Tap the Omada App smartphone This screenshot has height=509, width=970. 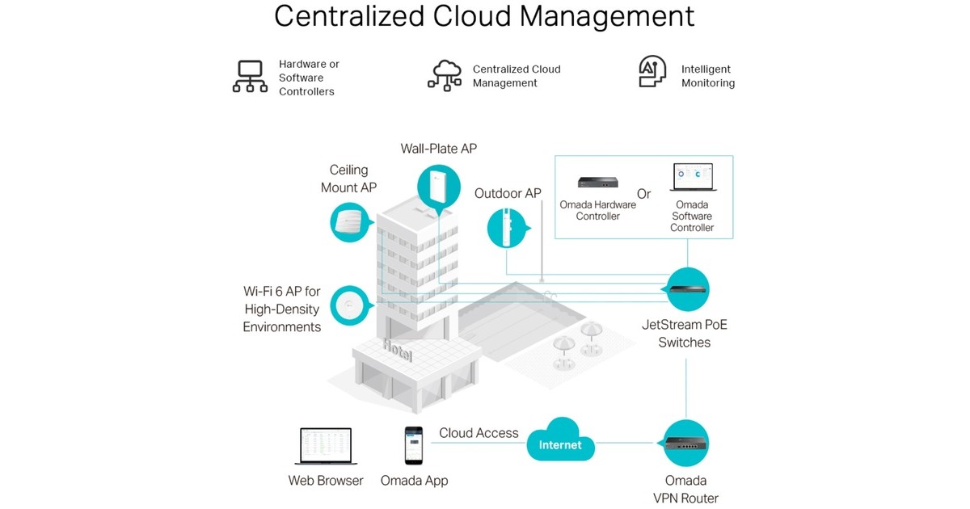(x=414, y=446)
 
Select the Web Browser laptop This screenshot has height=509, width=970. (x=325, y=447)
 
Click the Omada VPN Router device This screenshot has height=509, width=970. (x=686, y=443)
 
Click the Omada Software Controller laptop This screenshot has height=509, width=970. (x=693, y=178)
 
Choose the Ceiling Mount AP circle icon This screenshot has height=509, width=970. (x=350, y=221)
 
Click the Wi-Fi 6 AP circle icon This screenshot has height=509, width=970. (x=350, y=306)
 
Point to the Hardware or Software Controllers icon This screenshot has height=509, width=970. (x=250, y=76)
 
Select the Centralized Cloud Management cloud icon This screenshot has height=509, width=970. (x=444, y=74)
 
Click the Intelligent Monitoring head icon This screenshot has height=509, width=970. (x=652, y=73)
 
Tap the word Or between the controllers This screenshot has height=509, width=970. (x=643, y=194)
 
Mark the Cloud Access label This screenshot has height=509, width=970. (x=479, y=433)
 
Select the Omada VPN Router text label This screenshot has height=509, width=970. (x=685, y=489)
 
